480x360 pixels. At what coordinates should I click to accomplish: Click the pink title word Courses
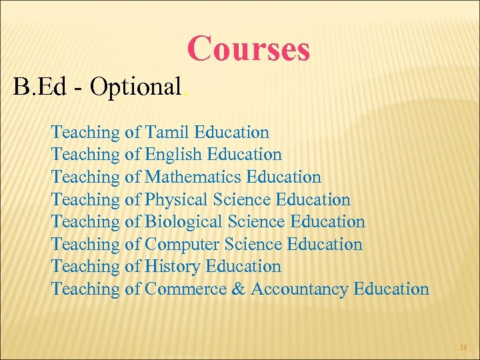[249, 49]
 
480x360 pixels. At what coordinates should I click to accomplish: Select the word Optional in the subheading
[136, 87]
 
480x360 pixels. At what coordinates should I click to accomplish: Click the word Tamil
[169, 132]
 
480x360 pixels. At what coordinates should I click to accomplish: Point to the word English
[173, 155]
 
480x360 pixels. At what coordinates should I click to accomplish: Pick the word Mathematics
[193, 177]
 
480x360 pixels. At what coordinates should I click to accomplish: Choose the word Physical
[177, 199]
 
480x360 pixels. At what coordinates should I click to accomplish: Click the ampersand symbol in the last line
[239, 289]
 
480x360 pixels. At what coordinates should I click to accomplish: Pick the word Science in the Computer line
[254, 244]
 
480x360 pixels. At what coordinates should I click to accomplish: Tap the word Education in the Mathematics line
[283, 177]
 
